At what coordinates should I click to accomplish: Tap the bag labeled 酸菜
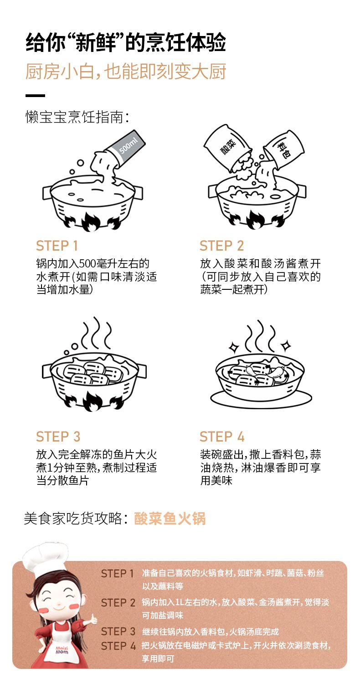click(x=226, y=146)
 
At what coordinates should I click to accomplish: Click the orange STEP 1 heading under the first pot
click(x=57, y=246)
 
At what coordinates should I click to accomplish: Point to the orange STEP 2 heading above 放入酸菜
click(x=221, y=246)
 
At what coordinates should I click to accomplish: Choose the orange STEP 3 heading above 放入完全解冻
click(x=58, y=437)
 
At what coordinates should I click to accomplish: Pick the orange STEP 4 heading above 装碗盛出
click(x=222, y=437)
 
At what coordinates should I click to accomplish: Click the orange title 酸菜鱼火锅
click(x=170, y=518)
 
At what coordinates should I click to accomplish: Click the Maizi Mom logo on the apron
click(x=62, y=650)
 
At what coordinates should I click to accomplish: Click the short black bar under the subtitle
click(x=35, y=96)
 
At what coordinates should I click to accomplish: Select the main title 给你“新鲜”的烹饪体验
click(x=126, y=42)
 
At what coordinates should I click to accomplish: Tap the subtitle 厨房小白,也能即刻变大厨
click(x=126, y=72)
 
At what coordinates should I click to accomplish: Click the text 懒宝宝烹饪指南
click(x=77, y=117)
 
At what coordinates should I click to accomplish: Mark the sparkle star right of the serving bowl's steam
click(x=286, y=346)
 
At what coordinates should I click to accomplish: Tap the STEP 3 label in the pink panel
click(x=118, y=631)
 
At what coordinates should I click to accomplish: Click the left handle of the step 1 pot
click(x=47, y=193)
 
